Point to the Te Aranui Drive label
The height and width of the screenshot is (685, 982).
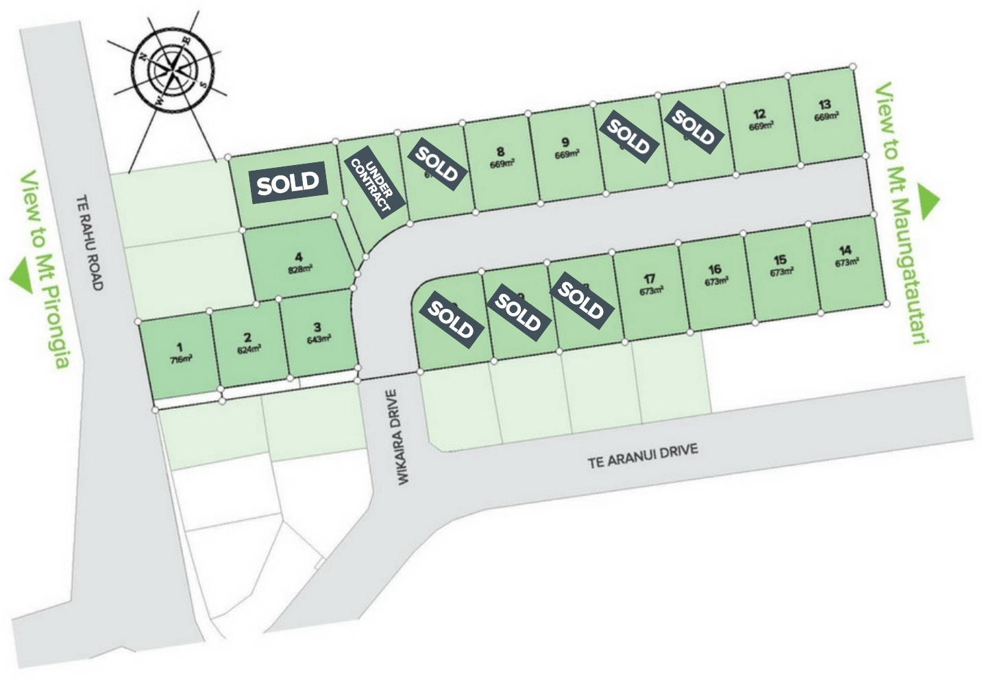(643, 456)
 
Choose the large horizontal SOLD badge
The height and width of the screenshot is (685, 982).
(288, 182)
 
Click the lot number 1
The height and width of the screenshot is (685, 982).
(180, 347)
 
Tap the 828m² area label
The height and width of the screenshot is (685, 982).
(299, 269)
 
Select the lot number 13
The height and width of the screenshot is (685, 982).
(824, 105)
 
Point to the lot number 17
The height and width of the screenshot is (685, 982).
(650, 279)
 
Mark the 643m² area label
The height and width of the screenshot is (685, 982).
(319, 338)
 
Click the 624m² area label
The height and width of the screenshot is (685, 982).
(249, 349)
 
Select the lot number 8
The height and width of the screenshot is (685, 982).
(500, 152)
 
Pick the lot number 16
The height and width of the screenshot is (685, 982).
(715, 269)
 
